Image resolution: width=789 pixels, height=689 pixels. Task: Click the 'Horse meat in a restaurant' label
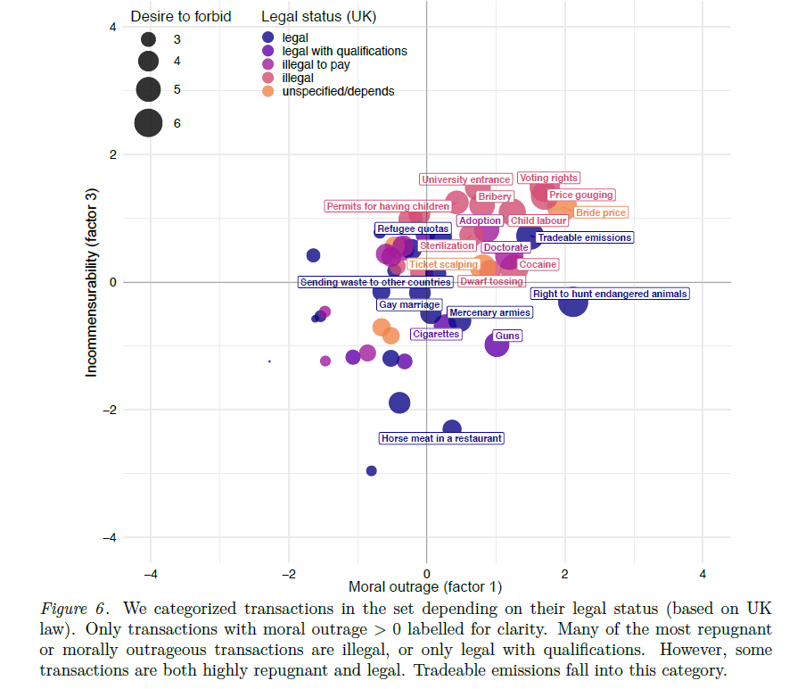[x=441, y=438]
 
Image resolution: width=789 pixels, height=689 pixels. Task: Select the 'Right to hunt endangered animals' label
[x=610, y=294]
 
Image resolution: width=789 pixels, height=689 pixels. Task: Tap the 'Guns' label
[x=506, y=336]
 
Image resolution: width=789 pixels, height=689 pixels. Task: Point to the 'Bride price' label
[x=601, y=212]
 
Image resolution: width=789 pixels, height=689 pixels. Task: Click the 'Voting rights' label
[x=548, y=178]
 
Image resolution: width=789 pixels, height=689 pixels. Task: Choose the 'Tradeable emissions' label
[x=584, y=237]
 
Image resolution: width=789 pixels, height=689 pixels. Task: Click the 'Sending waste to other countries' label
[x=374, y=282]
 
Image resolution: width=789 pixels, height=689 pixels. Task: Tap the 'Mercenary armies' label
[x=489, y=312]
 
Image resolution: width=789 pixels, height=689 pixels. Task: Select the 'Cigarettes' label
[x=436, y=334]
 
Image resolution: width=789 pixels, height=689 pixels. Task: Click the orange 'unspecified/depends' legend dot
[x=267, y=91]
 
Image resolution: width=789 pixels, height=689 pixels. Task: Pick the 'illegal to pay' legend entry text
[x=316, y=64]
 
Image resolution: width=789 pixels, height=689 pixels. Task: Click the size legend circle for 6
[x=148, y=123]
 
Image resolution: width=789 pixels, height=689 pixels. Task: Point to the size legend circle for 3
[x=148, y=39]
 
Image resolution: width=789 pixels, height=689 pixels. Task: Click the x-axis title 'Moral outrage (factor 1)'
[x=425, y=586]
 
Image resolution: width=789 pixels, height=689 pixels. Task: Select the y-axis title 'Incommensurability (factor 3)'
[x=91, y=282]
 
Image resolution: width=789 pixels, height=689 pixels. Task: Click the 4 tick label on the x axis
[x=703, y=572]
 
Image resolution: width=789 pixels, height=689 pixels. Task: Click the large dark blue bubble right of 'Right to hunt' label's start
[x=573, y=303]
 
